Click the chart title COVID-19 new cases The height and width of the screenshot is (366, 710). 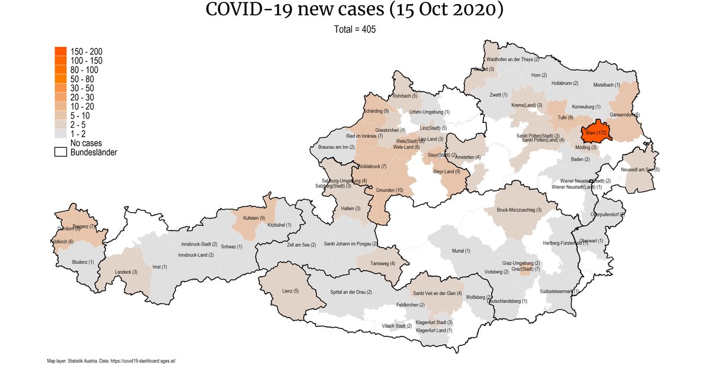click(354, 11)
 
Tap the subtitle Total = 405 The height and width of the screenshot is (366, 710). click(354, 28)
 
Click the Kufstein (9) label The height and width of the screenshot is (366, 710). click(254, 218)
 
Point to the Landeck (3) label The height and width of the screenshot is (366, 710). click(126, 272)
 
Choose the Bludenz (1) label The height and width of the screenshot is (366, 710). click(83, 261)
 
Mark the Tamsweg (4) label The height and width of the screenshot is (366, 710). click(383, 264)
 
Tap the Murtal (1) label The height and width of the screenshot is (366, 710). click(461, 251)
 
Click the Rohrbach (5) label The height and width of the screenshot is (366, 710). click(406, 96)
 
